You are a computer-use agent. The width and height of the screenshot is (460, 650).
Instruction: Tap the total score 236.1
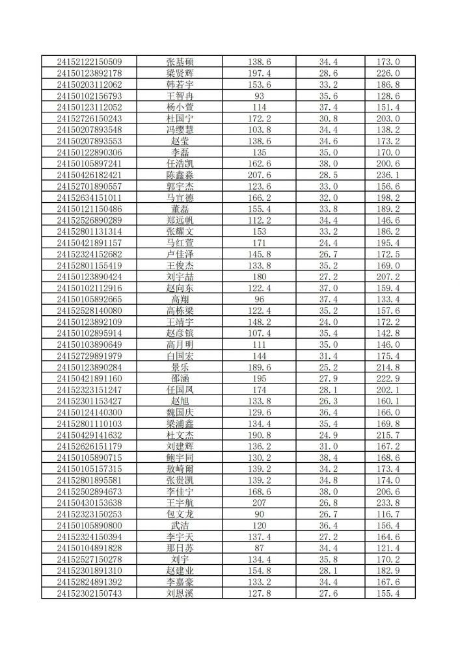(388, 175)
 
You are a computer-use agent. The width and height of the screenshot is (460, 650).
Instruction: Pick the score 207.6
(259, 175)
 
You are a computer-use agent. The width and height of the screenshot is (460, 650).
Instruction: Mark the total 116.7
(388, 514)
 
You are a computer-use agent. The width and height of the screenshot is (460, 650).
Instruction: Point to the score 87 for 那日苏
(259, 548)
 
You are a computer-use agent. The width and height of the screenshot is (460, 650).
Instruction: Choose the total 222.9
(388, 378)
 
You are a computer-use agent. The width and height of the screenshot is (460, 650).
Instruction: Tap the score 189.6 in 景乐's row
(259, 367)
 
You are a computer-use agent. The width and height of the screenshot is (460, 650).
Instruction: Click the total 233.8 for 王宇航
(388, 502)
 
